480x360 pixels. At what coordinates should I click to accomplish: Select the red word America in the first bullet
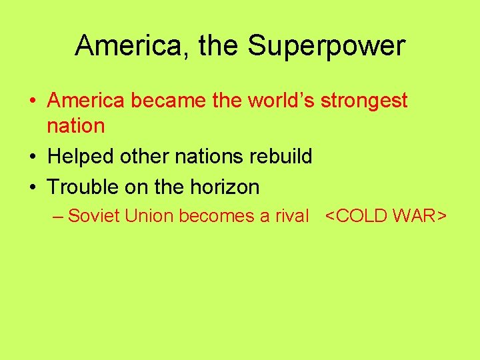pos(86,101)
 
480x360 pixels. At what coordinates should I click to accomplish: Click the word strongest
pos(364,101)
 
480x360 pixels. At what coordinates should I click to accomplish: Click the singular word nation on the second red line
pos(76,125)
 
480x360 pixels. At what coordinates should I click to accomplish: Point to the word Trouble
pos(83,187)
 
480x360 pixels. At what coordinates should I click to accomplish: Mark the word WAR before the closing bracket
pos(417,216)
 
